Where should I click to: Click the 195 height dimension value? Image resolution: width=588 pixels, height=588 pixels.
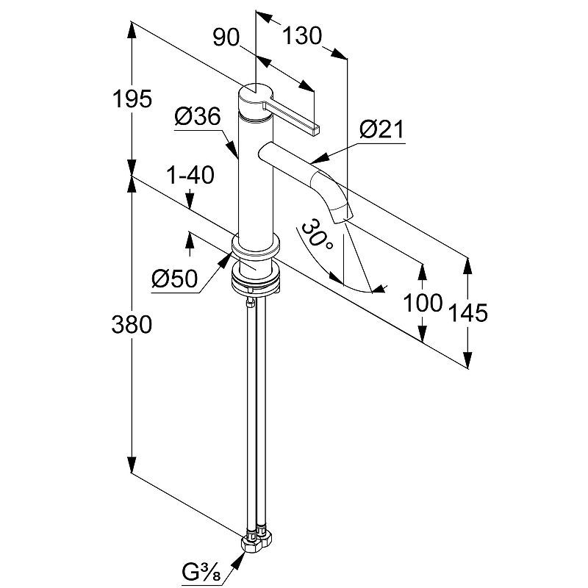(133, 98)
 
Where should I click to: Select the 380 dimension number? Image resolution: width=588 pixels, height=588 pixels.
(132, 323)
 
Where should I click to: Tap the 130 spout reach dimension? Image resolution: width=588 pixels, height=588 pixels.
(301, 35)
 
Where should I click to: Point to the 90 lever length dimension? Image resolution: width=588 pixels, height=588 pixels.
(227, 37)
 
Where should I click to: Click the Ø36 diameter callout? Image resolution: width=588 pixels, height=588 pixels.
(198, 116)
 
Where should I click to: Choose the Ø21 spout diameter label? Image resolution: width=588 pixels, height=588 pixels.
(382, 131)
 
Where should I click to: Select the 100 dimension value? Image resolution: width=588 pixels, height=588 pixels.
(423, 301)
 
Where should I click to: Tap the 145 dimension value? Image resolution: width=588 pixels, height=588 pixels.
(467, 313)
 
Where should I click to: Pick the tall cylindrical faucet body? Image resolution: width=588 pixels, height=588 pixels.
(254, 176)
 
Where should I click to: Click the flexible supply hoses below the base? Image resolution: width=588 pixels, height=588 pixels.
(254, 412)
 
